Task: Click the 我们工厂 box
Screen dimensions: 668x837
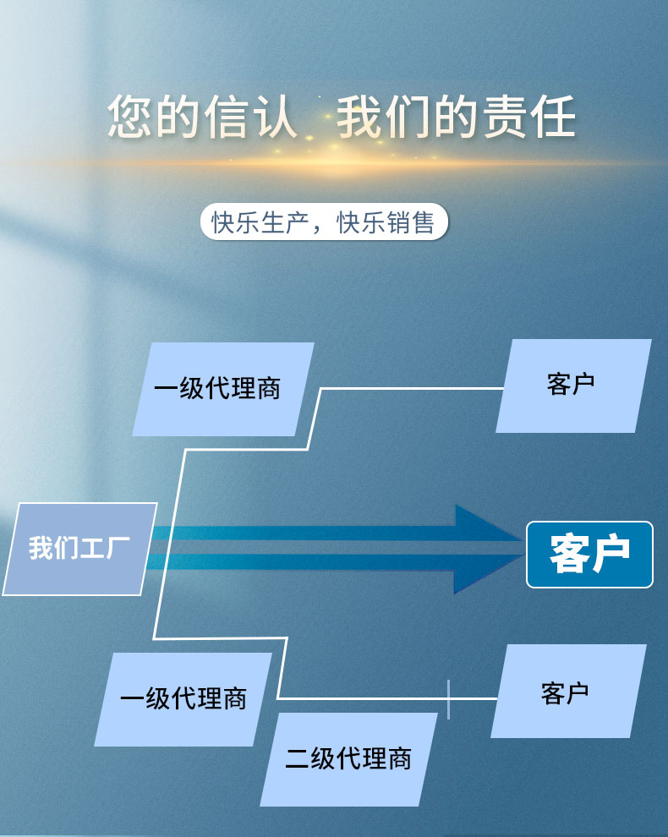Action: click(x=79, y=548)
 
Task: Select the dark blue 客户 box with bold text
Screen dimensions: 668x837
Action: click(x=589, y=554)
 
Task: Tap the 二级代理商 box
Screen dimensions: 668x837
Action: click(x=348, y=758)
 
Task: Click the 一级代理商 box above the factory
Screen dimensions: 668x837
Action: click(x=222, y=389)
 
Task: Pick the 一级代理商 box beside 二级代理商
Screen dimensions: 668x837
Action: click(x=183, y=699)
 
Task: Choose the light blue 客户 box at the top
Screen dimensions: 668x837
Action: click(x=572, y=385)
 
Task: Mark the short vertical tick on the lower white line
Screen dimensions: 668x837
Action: click(x=448, y=698)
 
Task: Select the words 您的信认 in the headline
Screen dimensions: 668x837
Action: click(x=203, y=118)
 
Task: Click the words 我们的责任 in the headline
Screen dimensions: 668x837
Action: click(x=457, y=118)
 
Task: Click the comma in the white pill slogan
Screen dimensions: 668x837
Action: click(x=319, y=227)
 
